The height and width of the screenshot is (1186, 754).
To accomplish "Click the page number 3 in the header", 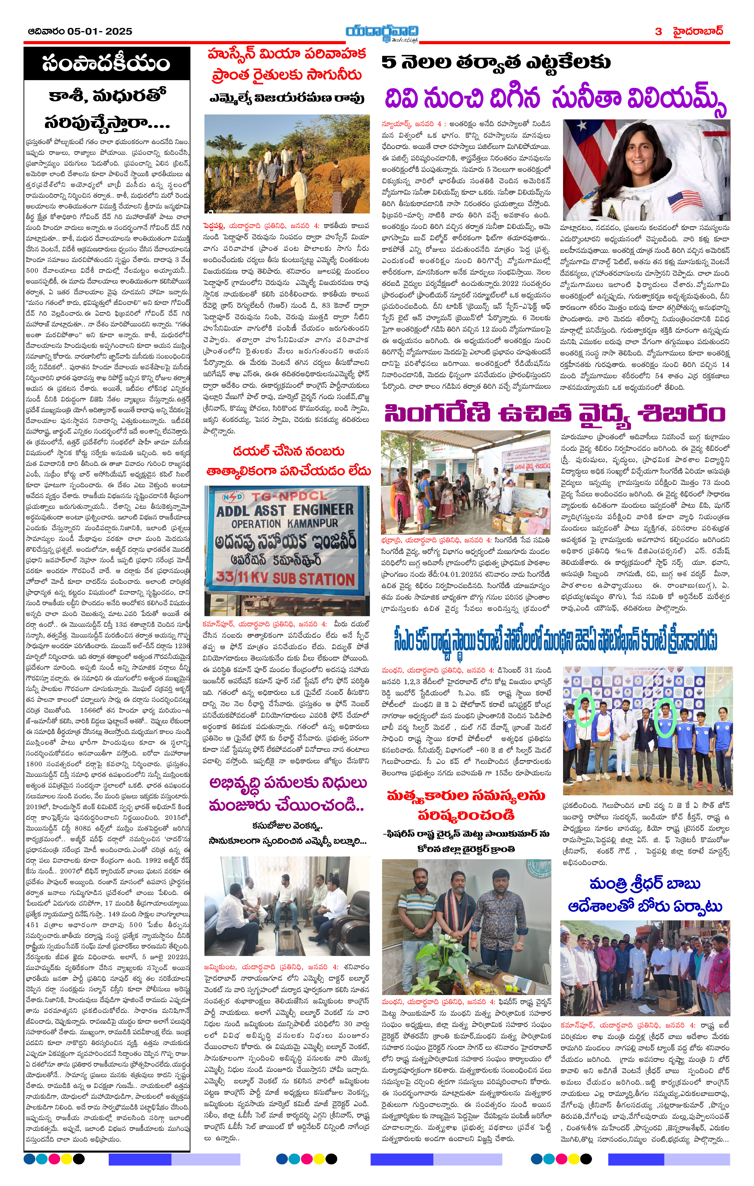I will pos(659,32).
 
